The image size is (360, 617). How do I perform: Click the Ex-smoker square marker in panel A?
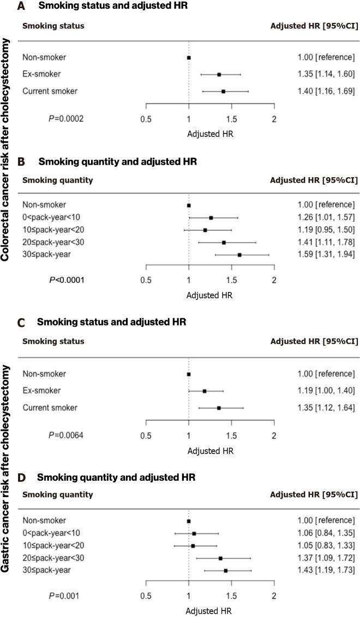click(219, 74)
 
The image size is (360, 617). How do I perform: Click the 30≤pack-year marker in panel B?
click(239, 255)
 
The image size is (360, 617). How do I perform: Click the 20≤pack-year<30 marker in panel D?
click(220, 558)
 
